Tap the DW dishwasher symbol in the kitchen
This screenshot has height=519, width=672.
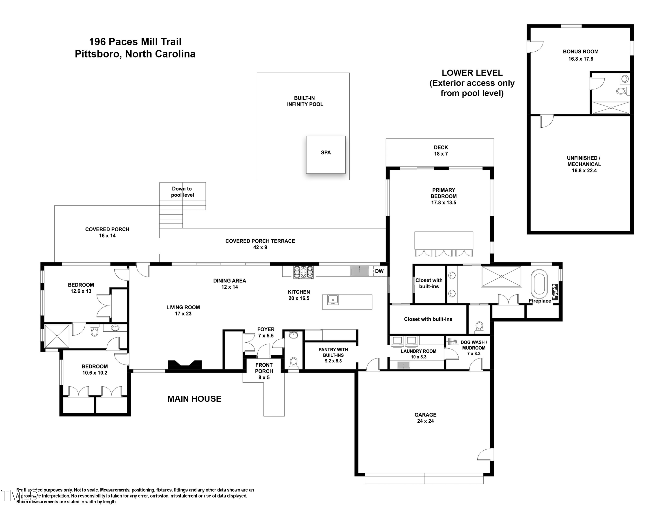click(379, 271)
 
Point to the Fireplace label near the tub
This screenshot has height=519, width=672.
click(540, 301)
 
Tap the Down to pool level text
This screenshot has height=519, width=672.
click(182, 192)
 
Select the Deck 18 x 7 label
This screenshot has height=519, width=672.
click(441, 151)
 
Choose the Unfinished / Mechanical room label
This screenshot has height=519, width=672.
click(584, 164)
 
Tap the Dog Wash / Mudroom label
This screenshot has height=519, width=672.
click(473, 348)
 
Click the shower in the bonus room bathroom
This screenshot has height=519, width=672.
click(611, 108)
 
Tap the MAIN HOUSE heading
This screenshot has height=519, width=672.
click(194, 399)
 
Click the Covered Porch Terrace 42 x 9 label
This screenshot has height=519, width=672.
click(260, 244)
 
